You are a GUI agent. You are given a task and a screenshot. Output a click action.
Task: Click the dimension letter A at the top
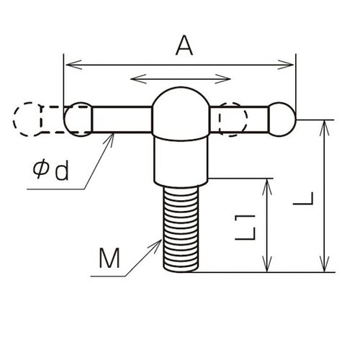click(184, 45)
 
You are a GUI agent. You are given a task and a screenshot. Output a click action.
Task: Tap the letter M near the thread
click(109, 258)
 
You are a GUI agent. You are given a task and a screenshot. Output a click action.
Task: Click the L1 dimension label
click(245, 228)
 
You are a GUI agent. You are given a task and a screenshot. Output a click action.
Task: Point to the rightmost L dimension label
click(303, 199)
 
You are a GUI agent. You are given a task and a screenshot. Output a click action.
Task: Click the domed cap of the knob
click(181, 113)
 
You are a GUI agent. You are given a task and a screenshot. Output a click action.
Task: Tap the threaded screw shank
click(181, 229)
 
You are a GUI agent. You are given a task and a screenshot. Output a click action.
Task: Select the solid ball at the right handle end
click(282, 120)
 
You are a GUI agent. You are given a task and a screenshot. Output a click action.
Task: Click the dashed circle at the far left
click(27, 120)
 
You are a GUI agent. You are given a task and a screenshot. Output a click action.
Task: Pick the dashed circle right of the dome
click(233, 120)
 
